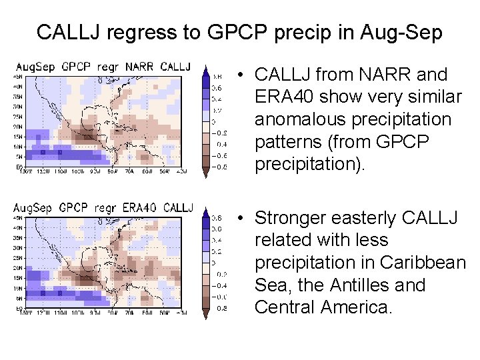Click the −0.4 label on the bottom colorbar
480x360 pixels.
click(x=218, y=285)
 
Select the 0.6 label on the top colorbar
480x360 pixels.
click(x=217, y=87)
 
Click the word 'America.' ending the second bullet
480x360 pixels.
click(x=361, y=307)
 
